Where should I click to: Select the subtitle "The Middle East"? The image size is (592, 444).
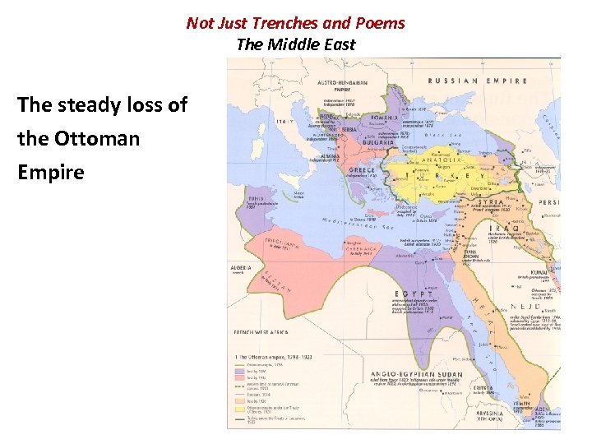tap(295, 44)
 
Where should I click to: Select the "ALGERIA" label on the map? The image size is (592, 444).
tap(242, 268)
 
